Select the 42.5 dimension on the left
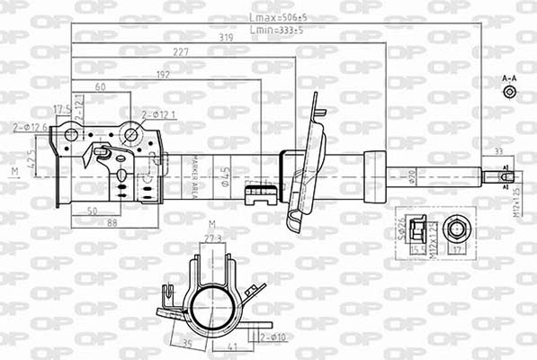click(x=32, y=162)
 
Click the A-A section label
click(x=509, y=79)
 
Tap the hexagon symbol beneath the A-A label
click(x=509, y=92)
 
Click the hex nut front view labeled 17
click(x=456, y=231)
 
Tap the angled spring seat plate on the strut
click(x=309, y=162)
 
